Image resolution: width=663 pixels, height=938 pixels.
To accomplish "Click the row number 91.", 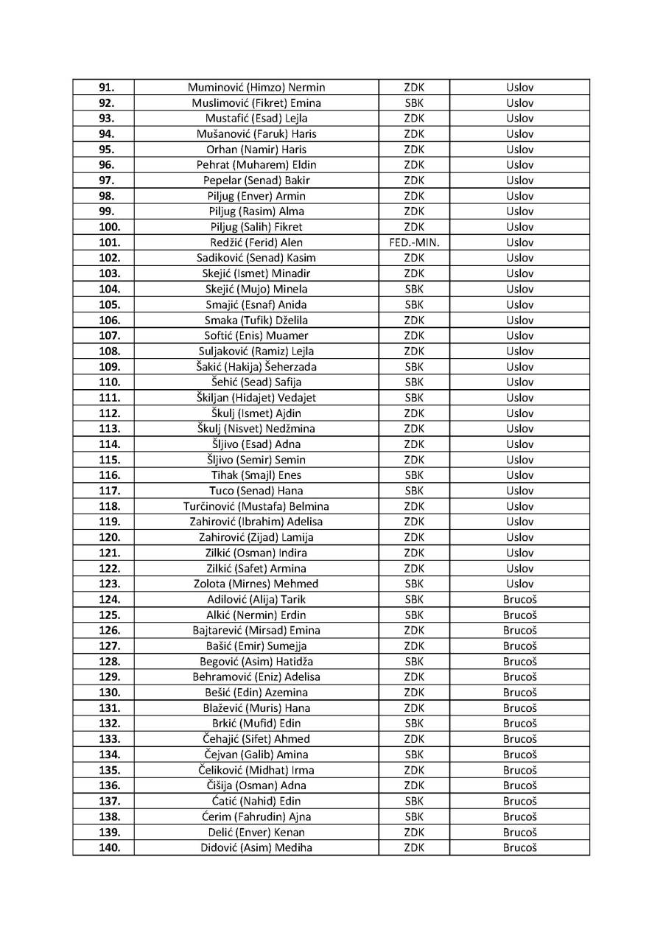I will [x=106, y=88].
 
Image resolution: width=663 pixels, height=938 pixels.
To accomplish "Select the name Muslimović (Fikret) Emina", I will [x=256, y=103].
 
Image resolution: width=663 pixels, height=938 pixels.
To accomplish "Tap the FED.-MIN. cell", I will [x=414, y=242].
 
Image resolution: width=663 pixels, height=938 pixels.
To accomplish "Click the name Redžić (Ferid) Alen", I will [x=256, y=242].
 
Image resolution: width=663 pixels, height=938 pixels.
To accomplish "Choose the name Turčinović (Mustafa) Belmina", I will [x=256, y=506].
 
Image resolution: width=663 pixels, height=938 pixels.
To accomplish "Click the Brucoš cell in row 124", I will [x=520, y=599].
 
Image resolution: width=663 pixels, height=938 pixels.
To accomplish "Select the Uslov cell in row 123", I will [x=520, y=584].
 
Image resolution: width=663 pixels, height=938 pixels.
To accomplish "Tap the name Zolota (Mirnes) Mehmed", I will [x=256, y=584].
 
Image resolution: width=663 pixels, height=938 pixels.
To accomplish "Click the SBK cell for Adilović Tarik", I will [x=414, y=599].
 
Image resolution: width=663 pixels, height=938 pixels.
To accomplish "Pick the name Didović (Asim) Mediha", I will [x=256, y=847].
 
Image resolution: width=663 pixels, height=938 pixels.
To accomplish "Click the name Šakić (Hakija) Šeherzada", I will [x=256, y=366].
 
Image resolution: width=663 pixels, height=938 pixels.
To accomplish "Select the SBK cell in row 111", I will [x=414, y=397].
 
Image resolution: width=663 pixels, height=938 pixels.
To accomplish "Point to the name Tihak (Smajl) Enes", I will [x=256, y=475].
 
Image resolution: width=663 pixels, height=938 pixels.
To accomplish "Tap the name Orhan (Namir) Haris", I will [x=256, y=150].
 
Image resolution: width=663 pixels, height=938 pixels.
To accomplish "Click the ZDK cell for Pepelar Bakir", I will [x=414, y=181].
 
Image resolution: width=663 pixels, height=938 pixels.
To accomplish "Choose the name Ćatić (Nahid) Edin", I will [x=256, y=801].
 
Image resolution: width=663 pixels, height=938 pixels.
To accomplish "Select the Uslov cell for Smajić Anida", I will [x=520, y=304].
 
